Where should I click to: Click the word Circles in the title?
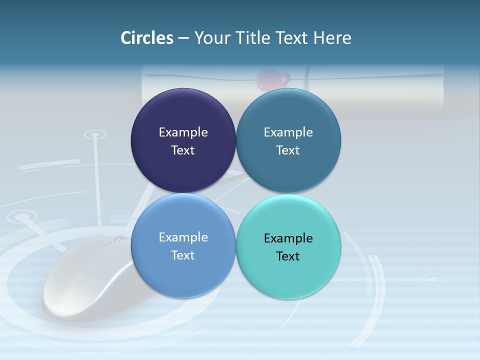[146, 38]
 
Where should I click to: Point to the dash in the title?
[183, 38]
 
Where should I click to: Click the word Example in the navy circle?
[183, 132]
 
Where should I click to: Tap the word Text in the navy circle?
[183, 150]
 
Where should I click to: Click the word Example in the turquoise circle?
[288, 238]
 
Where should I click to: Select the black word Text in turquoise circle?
[288, 256]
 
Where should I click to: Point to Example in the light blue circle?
[183, 237]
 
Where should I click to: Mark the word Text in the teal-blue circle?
[288, 150]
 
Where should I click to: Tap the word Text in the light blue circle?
[183, 255]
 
